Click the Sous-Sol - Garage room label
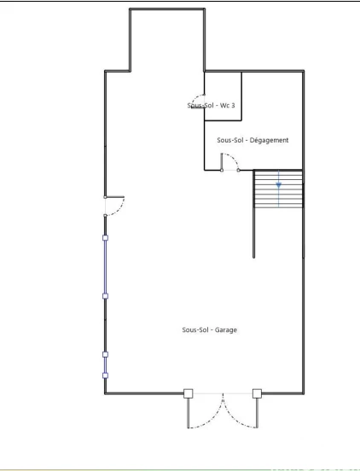(209, 330)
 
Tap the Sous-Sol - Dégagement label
(253, 140)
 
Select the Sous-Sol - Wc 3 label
(211, 105)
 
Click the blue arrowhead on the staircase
(279, 185)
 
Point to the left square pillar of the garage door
(189, 393)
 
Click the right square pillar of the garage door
(257, 393)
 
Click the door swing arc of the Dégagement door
(235, 160)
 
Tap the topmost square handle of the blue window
(105, 238)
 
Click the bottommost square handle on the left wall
(105, 375)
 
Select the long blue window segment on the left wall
(105, 267)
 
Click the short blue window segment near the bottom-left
(105, 365)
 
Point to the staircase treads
(278, 189)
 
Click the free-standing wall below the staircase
(253, 232)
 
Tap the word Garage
(225, 330)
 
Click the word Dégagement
(269, 140)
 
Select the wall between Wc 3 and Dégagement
(223, 120)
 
